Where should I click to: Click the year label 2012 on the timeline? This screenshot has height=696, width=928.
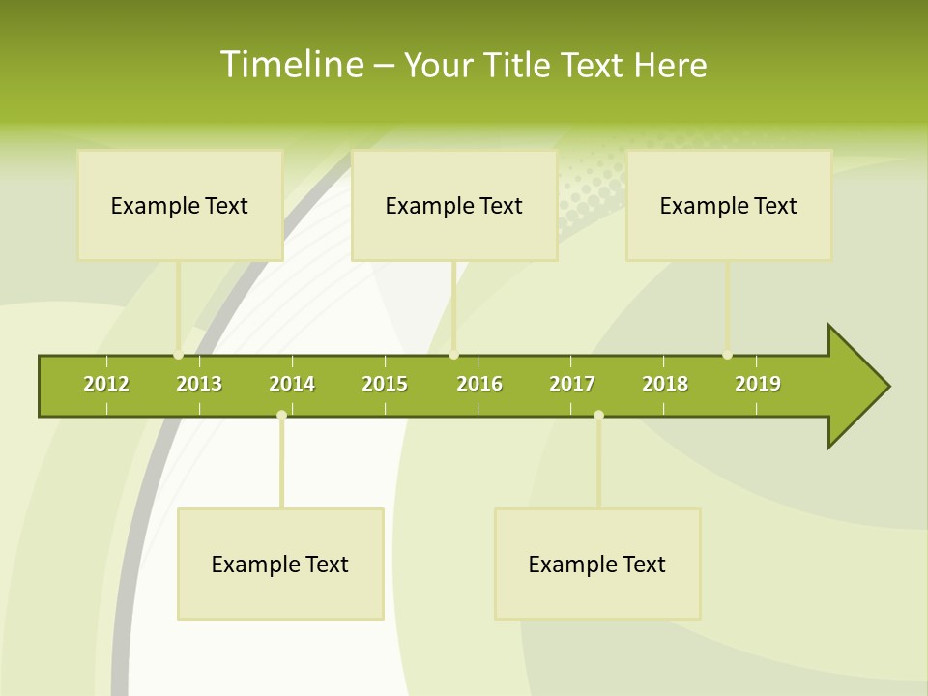(x=106, y=384)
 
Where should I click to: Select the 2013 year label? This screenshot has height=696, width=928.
(x=199, y=384)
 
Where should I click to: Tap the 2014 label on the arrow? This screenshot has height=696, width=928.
(x=292, y=384)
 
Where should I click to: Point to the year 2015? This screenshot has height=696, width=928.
(x=385, y=384)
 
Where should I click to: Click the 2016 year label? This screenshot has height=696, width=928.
(x=479, y=384)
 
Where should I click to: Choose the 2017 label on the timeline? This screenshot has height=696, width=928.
(x=572, y=384)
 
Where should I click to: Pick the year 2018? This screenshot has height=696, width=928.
(x=665, y=384)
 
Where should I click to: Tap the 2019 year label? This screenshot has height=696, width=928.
(x=758, y=384)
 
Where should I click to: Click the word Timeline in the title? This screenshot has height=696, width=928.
(x=291, y=65)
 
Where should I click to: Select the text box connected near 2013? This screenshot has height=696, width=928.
(x=180, y=205)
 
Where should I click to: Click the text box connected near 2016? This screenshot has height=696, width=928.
(x=454, y=205)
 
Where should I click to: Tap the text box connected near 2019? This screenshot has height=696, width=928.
(x=729, y=205)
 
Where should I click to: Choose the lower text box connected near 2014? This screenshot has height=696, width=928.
(x=280, y=564)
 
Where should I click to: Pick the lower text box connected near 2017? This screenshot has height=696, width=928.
(x=597, y=564)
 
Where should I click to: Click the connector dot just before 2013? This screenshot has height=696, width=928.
(x=178, y=355)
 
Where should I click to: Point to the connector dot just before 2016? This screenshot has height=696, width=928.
(x=454, y=355)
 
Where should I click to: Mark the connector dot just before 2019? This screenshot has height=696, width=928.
(x=728, y=355)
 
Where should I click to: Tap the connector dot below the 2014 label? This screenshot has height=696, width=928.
(x=281, y=415)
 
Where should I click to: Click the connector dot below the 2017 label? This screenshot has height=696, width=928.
(x=598, y=415)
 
